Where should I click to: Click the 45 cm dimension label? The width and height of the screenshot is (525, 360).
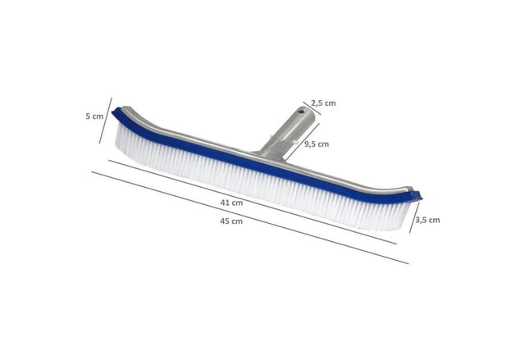click(231, 221)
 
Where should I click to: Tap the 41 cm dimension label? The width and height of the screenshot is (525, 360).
click(231, 203)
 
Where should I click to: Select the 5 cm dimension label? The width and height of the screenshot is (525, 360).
click(94, 116)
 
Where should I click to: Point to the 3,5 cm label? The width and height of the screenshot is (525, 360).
click(427, 220)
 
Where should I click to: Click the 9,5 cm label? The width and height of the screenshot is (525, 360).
click(317, 144)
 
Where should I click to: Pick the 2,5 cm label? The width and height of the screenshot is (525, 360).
click(323, 103)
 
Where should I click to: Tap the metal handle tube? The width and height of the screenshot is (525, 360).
click(287, 132)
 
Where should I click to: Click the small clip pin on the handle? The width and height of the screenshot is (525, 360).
click(294, 142)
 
